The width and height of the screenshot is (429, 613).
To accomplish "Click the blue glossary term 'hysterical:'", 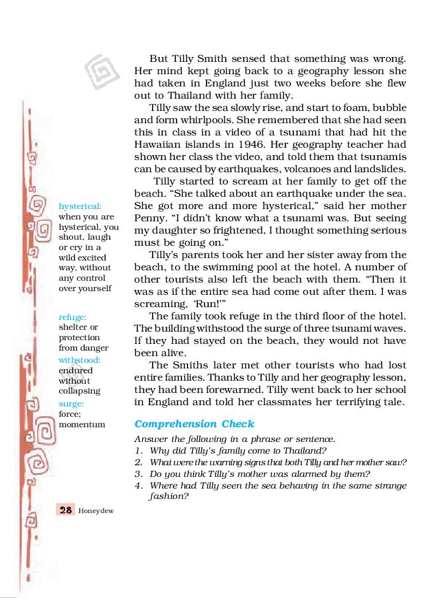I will [x=80, y=207].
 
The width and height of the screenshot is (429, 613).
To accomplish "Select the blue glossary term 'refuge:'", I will [x=72, y=317].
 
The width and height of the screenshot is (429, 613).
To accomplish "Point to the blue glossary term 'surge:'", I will [x=71, y=403].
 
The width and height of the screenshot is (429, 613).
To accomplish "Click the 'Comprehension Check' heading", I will [x=194, y=424].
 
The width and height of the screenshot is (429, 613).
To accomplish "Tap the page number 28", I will [x=66, y=510].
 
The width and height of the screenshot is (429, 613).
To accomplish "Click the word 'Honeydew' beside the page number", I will [x=96, y=511].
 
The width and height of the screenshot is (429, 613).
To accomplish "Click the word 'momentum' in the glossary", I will [x=82, y=424].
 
